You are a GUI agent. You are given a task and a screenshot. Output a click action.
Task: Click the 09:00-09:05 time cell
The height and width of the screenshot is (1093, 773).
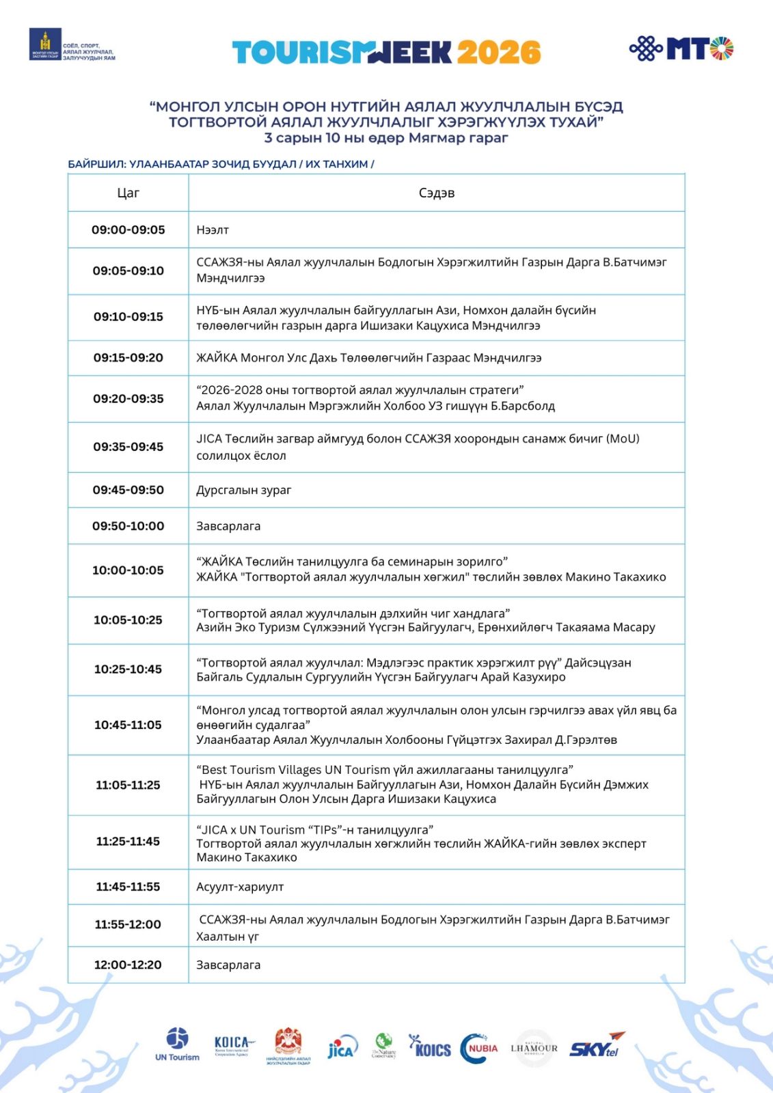pyautogui.click(x=128, y=230)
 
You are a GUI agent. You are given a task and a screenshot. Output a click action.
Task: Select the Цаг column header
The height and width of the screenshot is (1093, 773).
pyautogui.click(x=128, y=193)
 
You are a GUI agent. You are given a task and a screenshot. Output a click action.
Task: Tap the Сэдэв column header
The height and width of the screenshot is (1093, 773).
pyautogui.click(x=436, y=193)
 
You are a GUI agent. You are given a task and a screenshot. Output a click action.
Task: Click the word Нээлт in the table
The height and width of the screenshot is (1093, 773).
pyautogui.click(x=213, y=230)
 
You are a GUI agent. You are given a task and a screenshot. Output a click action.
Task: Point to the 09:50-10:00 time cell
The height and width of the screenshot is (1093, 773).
pyautogui.click(x=128, y=526)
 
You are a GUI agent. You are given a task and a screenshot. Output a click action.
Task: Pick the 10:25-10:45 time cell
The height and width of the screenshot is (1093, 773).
pyautogui.click(x=128, y=669)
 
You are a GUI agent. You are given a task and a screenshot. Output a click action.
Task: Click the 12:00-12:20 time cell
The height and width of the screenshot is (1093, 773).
pyautogui.click(x=128, y=965)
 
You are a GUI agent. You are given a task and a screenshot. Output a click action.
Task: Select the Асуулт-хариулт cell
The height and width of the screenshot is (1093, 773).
pyautogui.click(x=240, y=887)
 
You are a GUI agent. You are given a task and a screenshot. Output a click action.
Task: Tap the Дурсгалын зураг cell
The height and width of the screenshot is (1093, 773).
pyautogui.click(x=244, y=490)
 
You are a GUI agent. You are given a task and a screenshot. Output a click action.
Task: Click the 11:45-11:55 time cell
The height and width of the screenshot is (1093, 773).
pyautogui.click(x=128, y=887)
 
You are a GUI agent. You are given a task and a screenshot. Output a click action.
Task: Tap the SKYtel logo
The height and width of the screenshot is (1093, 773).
pyautogui.click(x=597, y=1046)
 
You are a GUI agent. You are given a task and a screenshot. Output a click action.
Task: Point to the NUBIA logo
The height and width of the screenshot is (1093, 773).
pyautogui.click(x=480, y=1048)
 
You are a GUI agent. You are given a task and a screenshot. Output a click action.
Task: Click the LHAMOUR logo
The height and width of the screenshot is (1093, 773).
pyautogui.click(x=534, y=1048)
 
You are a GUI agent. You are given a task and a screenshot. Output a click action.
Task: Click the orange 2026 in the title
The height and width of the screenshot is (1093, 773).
pyautogui.click(x=499, y=53)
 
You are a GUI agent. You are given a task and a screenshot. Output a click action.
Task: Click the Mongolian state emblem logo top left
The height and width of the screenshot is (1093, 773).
pyautogui.click(x=45, y=44)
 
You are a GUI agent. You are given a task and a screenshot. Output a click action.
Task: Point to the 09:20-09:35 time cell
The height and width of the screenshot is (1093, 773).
pyautogui.click(x=128, y=398)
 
